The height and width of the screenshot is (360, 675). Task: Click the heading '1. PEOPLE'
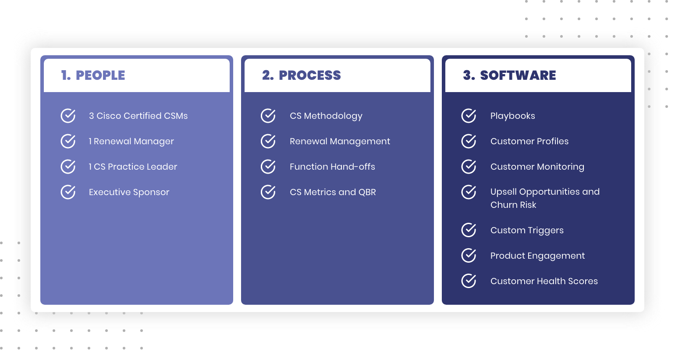click(93, 75)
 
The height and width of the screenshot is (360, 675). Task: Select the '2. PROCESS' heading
click(302, 75)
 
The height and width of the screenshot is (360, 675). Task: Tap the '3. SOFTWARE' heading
click(509, 75)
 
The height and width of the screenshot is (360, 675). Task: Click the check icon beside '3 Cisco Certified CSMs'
click(68, 116)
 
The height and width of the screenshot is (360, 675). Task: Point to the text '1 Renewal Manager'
click(131, 141)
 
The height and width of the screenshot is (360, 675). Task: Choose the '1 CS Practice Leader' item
click(133, 167)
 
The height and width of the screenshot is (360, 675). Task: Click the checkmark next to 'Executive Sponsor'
click(68, 192)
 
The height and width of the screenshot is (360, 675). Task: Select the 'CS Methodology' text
click(326, 116)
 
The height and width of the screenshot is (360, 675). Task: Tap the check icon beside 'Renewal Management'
click(268, 141)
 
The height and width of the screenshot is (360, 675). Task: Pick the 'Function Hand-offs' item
click(332, 167)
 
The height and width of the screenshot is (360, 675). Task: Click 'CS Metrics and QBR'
click(333, 192)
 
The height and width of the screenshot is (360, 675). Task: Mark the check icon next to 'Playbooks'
click(469, 116)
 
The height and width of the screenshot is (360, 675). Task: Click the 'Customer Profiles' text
click(529, 141)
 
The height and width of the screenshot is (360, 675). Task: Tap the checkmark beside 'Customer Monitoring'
click(469, 167)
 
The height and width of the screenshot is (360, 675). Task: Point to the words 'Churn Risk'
click(513, 205)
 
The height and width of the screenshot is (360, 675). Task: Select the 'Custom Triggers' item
click(527, 231)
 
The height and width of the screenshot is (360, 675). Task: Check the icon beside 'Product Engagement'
click(469, 256)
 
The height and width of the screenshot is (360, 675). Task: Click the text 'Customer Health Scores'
click(544, 282)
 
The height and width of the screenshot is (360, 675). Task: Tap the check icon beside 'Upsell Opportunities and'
click(469, 192)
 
